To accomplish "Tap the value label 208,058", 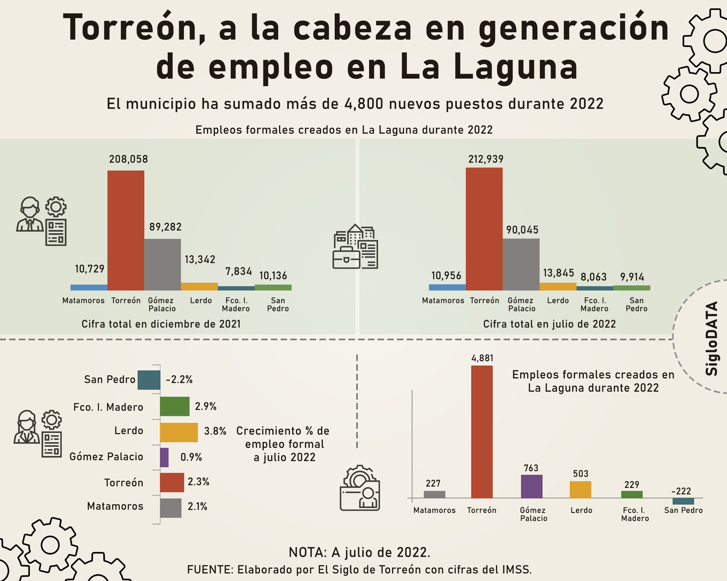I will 128,159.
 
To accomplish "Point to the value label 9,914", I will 632,277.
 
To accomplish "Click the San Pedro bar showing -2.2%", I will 149,380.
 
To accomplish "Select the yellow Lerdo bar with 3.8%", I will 179,432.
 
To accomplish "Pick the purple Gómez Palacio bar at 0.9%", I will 164,457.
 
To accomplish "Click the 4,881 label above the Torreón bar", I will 482,358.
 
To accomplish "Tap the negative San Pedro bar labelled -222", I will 683,501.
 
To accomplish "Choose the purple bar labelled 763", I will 532,486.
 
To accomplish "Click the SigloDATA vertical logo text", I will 712,339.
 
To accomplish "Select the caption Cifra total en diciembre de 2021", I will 161,324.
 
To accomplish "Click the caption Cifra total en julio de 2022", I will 549,324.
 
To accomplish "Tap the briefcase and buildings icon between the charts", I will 355,246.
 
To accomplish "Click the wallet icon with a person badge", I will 360,488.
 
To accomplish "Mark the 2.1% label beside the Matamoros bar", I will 197,506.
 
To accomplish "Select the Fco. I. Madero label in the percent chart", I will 108,407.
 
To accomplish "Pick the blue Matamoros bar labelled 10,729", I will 89,287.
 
